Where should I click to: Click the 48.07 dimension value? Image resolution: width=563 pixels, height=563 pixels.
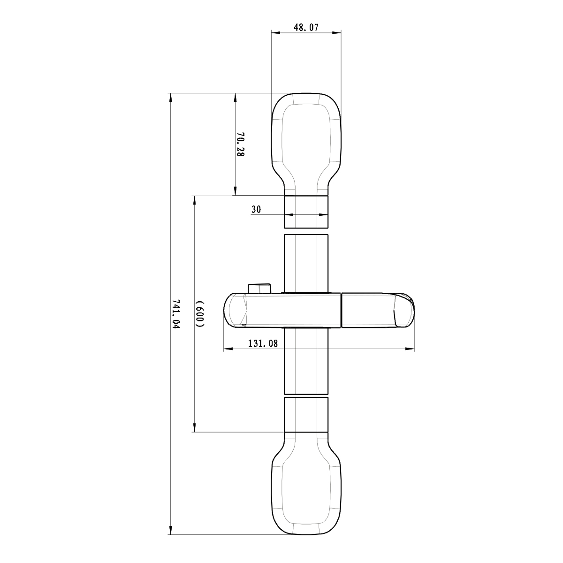click(306, 28)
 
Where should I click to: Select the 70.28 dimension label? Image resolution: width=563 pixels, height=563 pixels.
click(240, 145)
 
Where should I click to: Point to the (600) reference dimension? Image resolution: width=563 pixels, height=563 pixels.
click(200, 313)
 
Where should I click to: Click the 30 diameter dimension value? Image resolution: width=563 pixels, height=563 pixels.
click(256, 210)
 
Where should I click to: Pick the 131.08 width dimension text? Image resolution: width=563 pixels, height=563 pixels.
click(263, 343)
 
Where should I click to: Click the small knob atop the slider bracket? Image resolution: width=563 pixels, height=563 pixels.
click(259, 288)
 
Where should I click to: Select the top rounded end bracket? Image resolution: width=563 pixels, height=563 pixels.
click(306, 141)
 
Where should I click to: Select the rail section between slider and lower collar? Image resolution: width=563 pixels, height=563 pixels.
click(306, 361)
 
